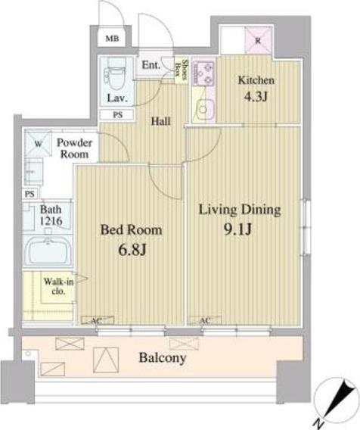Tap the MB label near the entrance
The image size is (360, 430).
[x=112, y=39]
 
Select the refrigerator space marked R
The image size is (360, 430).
[x=258, y=41]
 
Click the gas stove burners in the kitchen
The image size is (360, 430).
[x=203, y=73]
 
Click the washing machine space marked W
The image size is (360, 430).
[x=38, y=143]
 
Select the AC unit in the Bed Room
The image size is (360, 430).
[x=98, y=320]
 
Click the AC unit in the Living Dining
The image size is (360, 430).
[x=205, y=320]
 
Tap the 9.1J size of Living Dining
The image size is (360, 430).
[x=237, y=229]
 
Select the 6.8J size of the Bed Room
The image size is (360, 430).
[x=132, y=249]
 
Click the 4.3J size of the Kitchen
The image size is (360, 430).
[x=256, y=97]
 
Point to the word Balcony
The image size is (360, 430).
[x=163, y=358]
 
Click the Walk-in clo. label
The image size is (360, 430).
[x=58, y=285]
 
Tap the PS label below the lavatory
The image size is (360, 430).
[x=117, y=114]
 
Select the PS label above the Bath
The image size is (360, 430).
[x=29, y=194]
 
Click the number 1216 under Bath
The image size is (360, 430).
[x=51, y=221]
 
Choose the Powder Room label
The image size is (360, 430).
[x=74, y=148]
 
